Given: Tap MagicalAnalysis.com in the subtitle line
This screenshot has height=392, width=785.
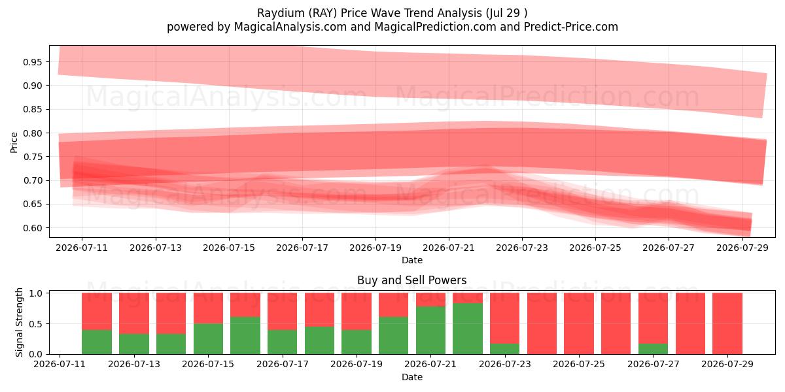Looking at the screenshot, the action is coord(290,27).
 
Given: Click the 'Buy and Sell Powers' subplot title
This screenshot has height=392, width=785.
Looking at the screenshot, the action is coord(411,280).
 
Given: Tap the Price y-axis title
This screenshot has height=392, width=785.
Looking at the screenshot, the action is coord(14,142).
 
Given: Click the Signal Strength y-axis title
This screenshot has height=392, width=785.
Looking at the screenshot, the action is coord(19,322).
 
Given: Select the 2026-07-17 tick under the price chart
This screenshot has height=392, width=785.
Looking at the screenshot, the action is coord(302,248).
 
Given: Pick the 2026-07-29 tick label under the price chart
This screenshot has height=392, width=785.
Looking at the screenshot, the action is coord(742,248).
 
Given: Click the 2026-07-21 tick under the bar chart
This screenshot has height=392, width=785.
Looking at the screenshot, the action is coord(430,365).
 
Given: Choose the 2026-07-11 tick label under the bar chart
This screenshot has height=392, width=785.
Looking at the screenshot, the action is coord(60,365).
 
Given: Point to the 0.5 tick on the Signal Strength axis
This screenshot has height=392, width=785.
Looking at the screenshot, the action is coord(37,324).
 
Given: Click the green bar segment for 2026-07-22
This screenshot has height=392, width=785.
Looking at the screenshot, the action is coord(468,329).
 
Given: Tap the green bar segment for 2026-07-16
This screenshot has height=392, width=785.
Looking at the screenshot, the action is coord(245,336).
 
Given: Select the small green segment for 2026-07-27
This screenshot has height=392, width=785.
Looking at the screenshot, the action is coord(654,349).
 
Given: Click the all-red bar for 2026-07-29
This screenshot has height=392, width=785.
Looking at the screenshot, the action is coord(727,323).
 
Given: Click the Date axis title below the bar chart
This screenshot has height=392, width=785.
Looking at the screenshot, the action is coord(411,377).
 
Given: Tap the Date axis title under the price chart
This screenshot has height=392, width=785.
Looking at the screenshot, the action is coord(411,260).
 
